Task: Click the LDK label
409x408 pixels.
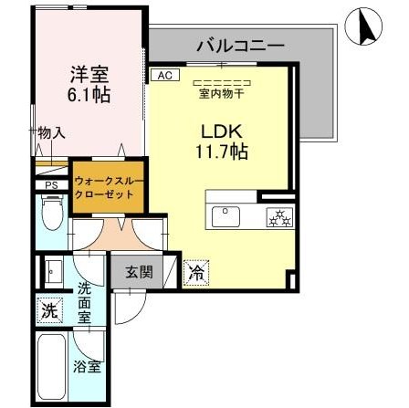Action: click(x=218, y=131)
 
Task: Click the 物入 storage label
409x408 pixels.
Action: click(x=51, y=133)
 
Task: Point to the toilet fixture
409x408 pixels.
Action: click(x=53, y=217)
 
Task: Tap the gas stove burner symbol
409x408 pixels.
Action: click(x=276, y=216)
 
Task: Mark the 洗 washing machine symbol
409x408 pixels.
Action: click(x=47, y=310)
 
